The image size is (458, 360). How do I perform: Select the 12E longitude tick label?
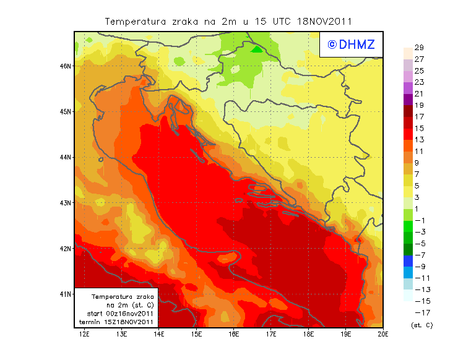pos(85,335)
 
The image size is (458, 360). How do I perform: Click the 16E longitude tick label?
pos(234,335)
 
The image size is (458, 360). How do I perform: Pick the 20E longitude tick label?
pos(383,335)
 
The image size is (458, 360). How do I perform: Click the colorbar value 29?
pos(419,48)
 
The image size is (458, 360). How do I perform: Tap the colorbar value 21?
pos(419,94)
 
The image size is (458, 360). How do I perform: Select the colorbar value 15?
pos(419,129)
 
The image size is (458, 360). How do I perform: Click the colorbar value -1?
pos(419,221)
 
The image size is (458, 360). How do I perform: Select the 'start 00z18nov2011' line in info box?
pos(117,314)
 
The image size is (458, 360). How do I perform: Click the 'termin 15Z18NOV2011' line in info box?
pos(117,322)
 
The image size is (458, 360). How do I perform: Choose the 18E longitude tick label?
pos(308,335)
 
